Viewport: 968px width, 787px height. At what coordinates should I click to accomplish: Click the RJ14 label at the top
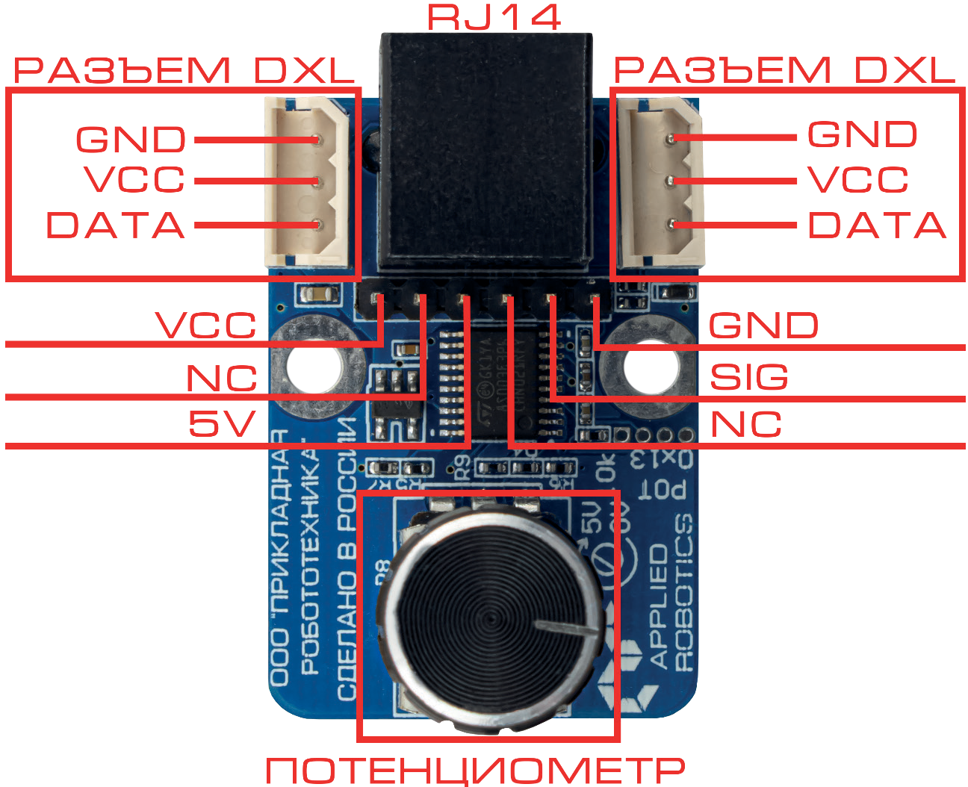(x=494, y=17)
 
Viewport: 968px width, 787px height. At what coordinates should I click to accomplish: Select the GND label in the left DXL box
(x=131, y=139)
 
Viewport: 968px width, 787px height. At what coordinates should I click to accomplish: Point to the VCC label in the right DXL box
(x=858, y=180)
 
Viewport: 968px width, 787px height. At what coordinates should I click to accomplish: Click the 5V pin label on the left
(x=222, y=424)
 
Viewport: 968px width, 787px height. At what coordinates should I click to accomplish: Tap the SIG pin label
(x=748, y=377)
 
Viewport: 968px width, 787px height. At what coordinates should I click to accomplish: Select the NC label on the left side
(x=221, y=379)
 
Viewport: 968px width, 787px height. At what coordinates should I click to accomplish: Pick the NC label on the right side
(x=745, y=424)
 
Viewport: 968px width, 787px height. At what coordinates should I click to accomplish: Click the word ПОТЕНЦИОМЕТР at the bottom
(x=475, y=770)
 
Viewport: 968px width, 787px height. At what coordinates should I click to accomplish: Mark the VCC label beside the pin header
(x=205, y=326)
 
